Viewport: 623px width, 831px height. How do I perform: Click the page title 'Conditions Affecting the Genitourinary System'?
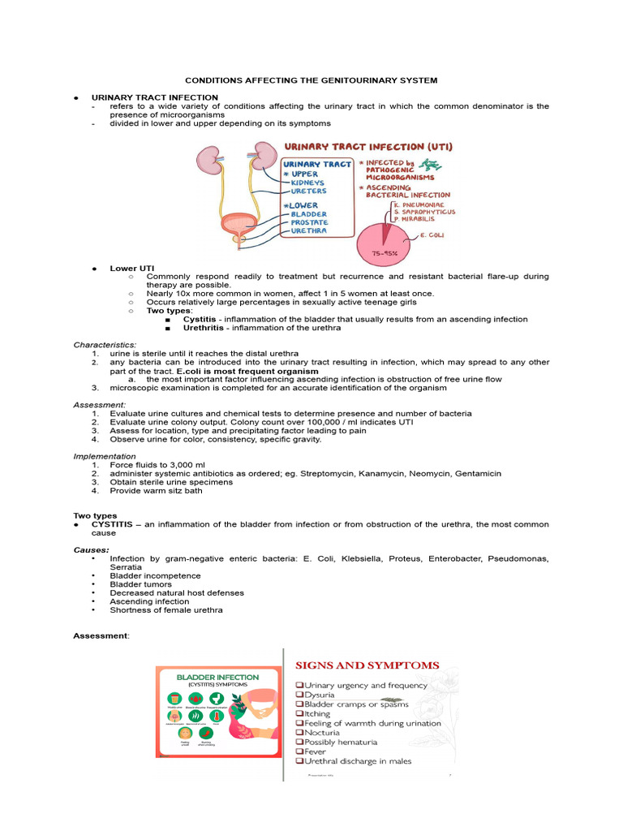click(x=311, y=80)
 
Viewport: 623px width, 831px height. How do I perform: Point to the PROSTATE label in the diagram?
click(x=303, y=222)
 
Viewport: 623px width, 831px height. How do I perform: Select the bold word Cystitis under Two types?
click(x=199, y=319)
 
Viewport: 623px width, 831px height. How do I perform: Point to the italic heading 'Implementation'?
click(x=105, y=456)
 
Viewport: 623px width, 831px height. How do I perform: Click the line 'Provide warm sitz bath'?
click(x=157, y=490)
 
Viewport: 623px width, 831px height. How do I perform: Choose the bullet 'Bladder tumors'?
click(x=140, y=584)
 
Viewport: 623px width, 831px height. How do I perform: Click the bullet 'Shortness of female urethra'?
click(x=165, y=610)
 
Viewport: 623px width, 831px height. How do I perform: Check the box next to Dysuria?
click(x=299, y=695)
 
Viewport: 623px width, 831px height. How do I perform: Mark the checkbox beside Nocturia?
click(x=299, y=733)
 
